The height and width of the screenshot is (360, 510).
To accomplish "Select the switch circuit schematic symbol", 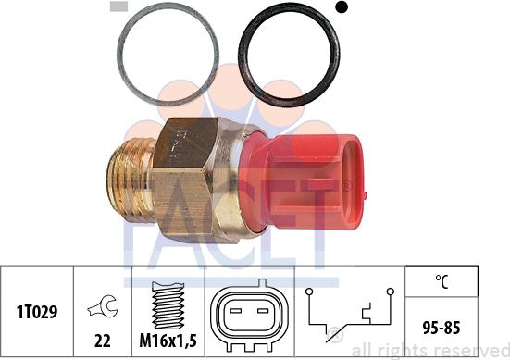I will coord(349,315).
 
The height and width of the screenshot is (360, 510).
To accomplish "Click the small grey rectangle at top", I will coord(118,6).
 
